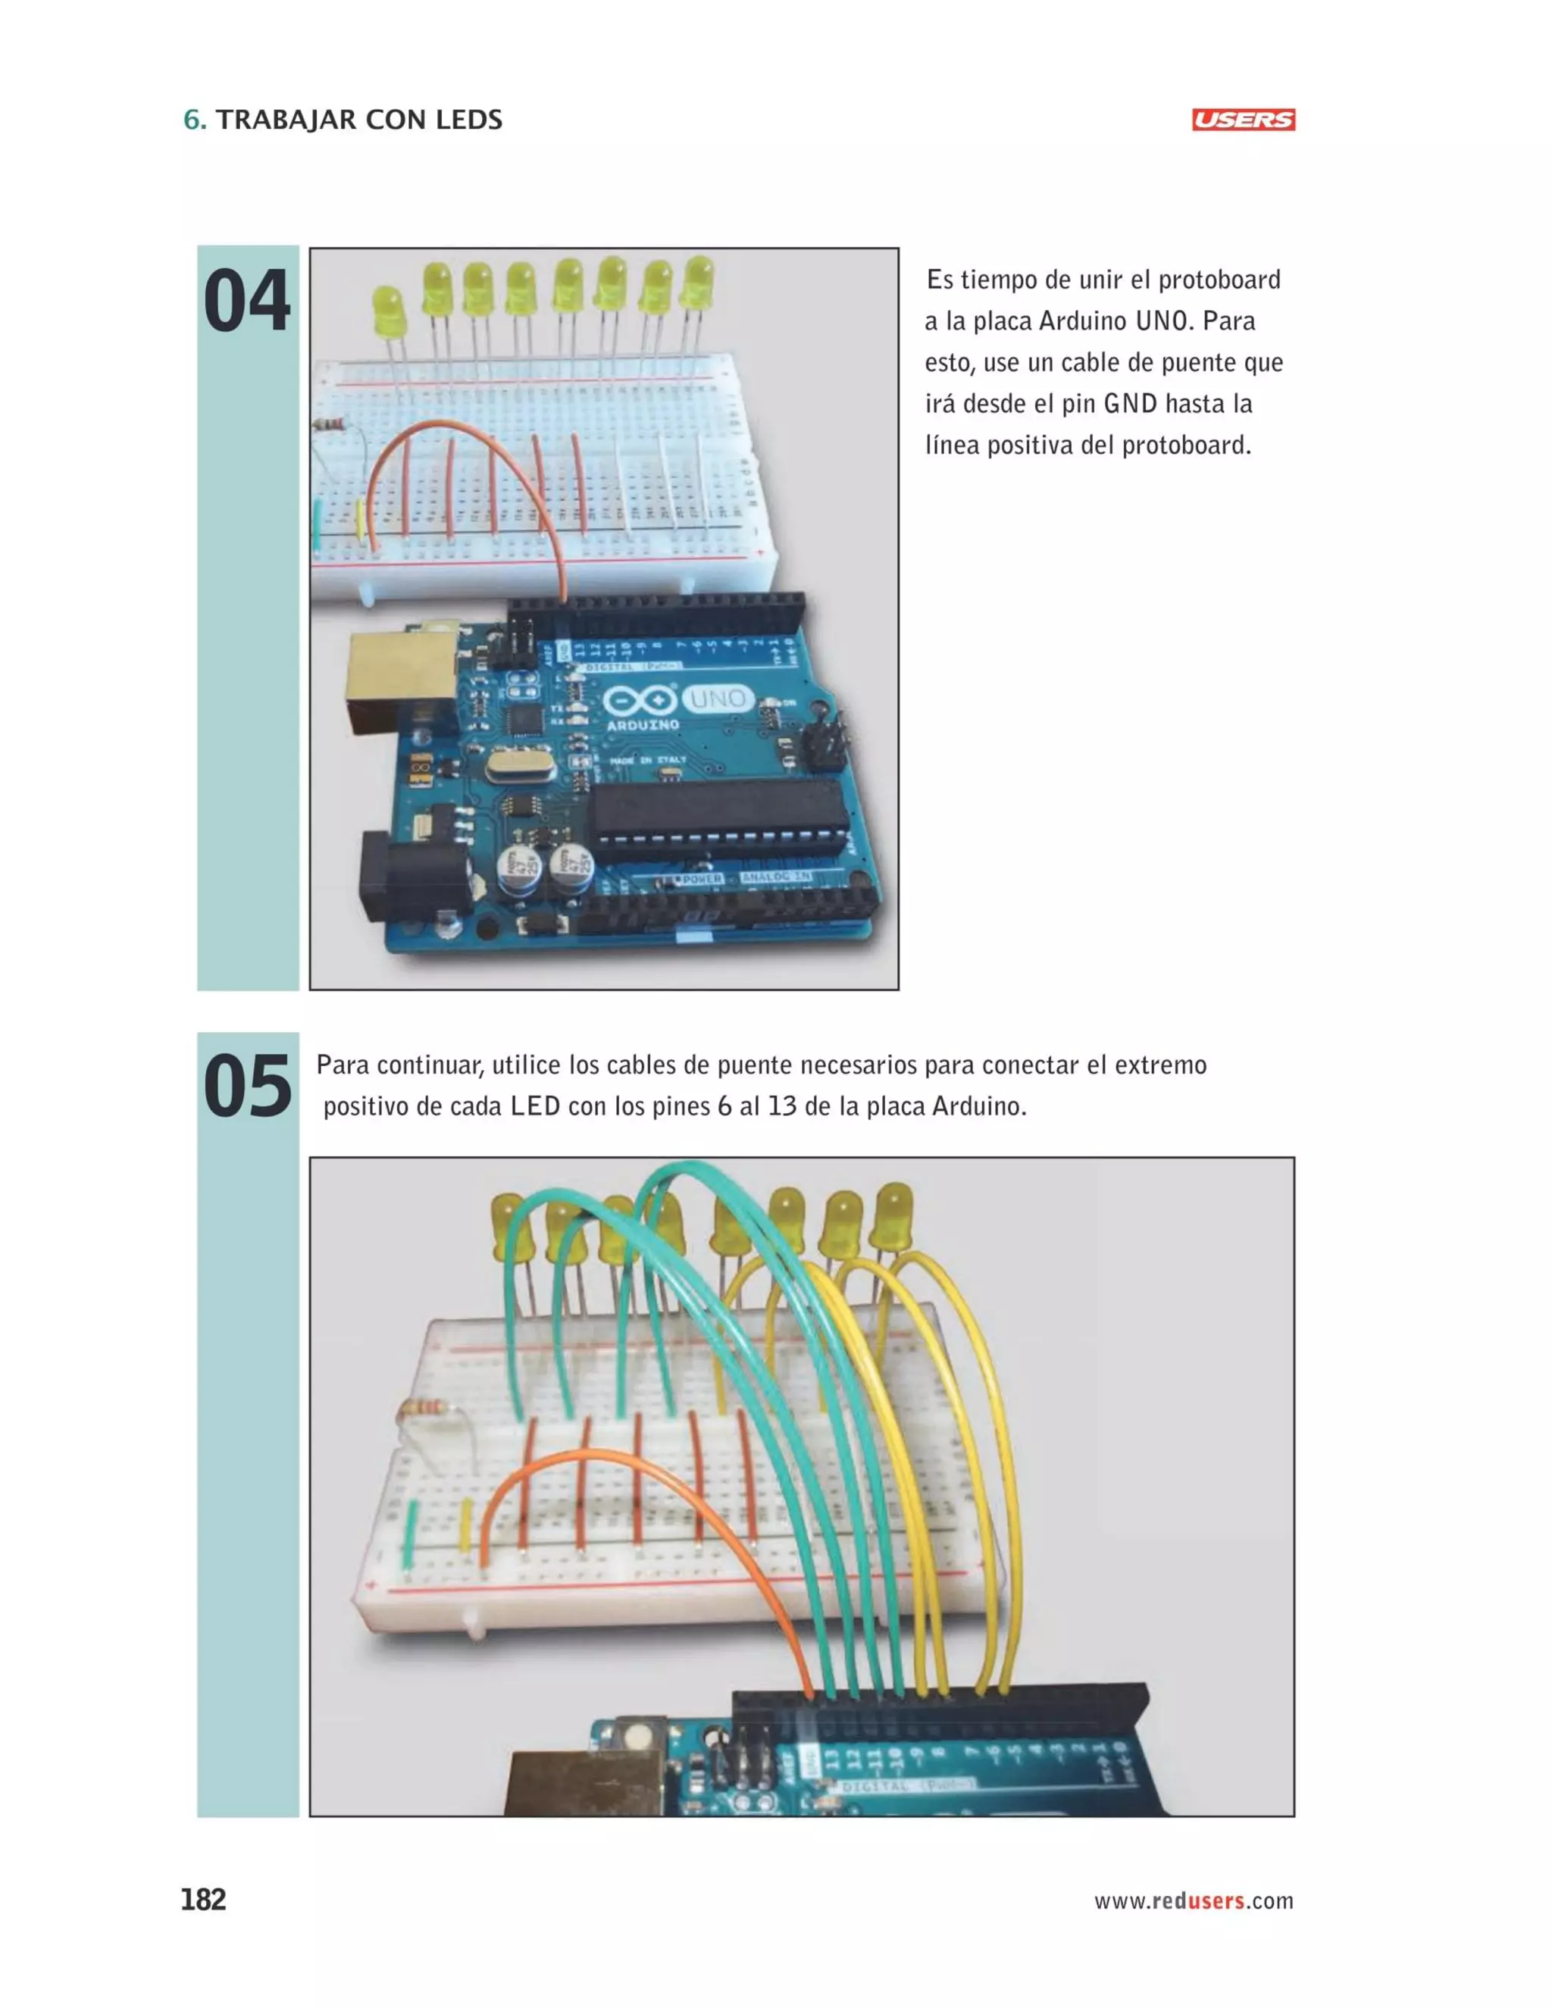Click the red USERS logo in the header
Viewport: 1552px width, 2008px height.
coord(1242,120)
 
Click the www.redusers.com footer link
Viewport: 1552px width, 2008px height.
coord(1193,1900)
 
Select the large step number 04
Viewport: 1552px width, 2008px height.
coord(246,302)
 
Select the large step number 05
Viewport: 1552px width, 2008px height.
coord(246,1087)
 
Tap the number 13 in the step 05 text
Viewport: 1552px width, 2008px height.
coord(781,1106)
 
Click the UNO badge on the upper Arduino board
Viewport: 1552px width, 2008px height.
coord(718,699)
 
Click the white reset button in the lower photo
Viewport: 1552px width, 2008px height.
coord(635,1737)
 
